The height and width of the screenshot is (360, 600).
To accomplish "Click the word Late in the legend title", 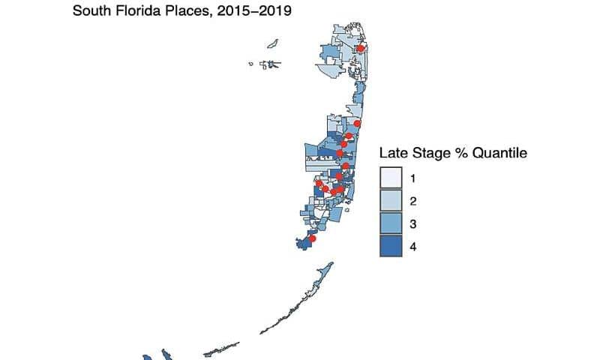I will pos(393,153).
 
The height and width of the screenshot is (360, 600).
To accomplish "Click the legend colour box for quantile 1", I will pos(391,178).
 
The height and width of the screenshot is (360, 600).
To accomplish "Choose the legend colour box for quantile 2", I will pos(391,200).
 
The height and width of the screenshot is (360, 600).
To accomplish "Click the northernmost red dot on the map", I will pos(360,49).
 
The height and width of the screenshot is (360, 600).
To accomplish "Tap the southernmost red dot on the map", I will pos(313,238).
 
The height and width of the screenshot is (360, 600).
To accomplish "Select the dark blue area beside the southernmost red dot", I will pos(304,244).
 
